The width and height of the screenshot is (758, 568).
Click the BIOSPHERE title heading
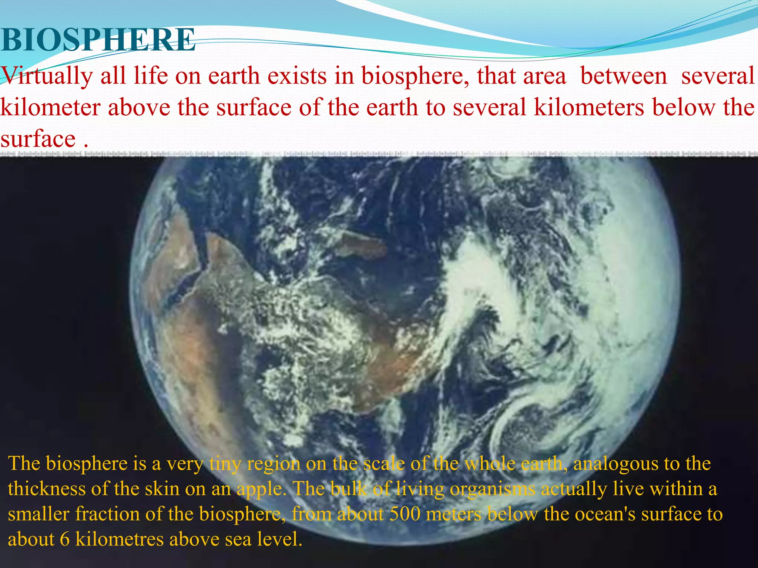[98, 40]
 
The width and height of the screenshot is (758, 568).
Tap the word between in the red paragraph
[624, 76]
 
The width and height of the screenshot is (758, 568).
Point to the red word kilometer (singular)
[50, 108]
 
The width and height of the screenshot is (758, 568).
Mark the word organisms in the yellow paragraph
[492, 490]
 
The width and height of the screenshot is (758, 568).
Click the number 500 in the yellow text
[405, 514]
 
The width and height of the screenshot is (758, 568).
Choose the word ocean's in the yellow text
[605, 514]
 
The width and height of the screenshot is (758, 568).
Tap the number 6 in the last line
[64, 540]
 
